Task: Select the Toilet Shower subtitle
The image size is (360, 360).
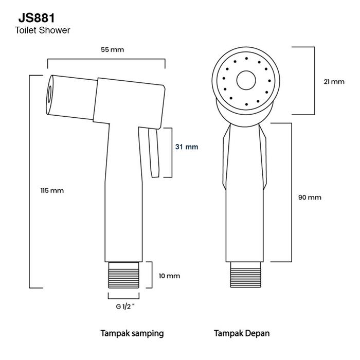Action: [x=43, y=30]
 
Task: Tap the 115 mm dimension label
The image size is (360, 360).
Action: [x=52, y=190]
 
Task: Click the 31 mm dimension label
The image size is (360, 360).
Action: [x=186, y=147]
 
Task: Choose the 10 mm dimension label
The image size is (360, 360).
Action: [x=169, y=276]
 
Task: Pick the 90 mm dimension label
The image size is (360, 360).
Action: [x=310, y=197]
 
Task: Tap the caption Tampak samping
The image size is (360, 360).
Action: [x=132, y=333]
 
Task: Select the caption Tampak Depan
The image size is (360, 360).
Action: [x=242, y=333]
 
